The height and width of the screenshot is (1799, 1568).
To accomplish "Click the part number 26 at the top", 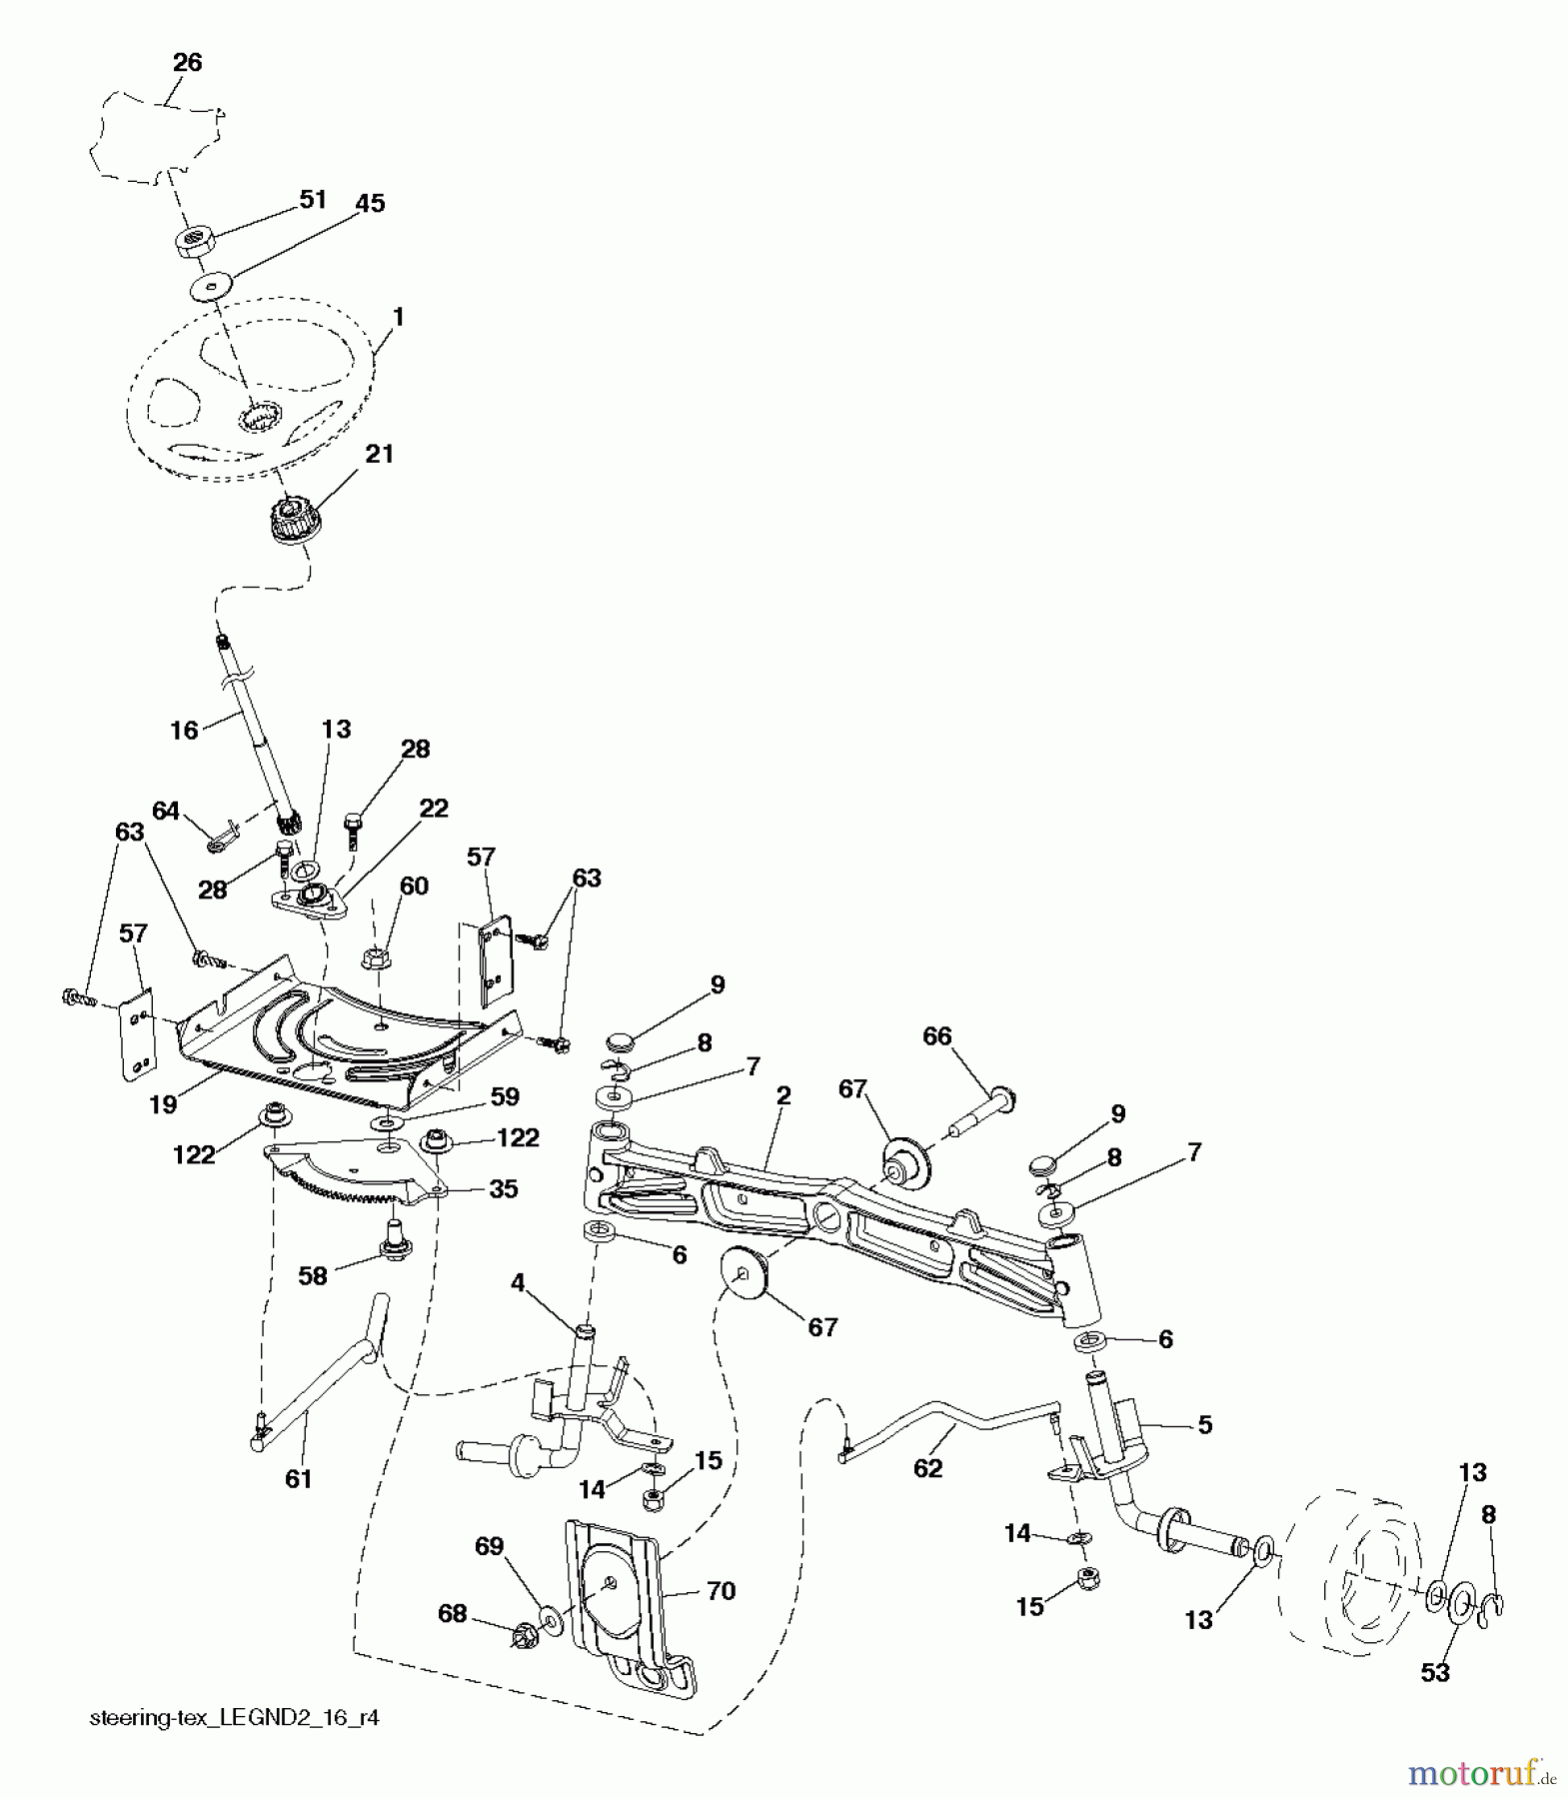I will (187, 62).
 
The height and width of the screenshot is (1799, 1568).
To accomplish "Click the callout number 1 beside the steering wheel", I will (398, 317).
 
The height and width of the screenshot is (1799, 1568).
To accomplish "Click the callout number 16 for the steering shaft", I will (184, 731).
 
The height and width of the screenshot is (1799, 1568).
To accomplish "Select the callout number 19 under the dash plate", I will (163, 1104).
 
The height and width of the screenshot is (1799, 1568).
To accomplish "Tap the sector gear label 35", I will (504, 1189).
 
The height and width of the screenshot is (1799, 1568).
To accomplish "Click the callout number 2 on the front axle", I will (783, 1095).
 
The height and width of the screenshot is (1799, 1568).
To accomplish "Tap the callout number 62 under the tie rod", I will (928, 1468).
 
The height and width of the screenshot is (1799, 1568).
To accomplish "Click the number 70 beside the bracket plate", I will (721, 1590).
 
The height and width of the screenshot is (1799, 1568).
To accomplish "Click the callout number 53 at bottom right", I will (1435, 1672).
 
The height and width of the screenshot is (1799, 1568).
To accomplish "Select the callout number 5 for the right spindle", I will (1204, 1425).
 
